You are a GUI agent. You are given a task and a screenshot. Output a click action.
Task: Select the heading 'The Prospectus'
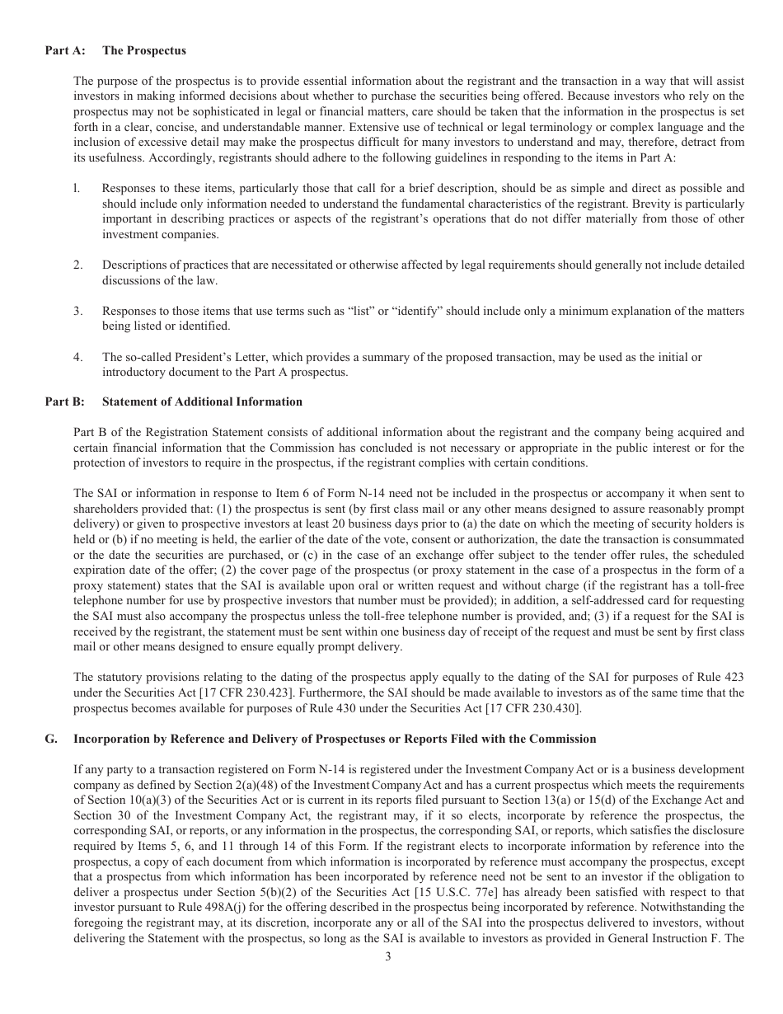[143, 50]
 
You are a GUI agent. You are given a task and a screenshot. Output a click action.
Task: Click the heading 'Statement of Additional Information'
[202, 401]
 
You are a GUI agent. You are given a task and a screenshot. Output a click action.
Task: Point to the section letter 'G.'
[51, 739]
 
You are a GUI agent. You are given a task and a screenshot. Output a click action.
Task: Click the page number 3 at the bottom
[388, 956]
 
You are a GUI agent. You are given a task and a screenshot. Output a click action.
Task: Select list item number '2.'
[77, 265]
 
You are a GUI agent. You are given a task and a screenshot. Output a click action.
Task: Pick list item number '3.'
[77, 311]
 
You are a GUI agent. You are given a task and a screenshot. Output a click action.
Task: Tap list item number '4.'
[77, 357]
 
